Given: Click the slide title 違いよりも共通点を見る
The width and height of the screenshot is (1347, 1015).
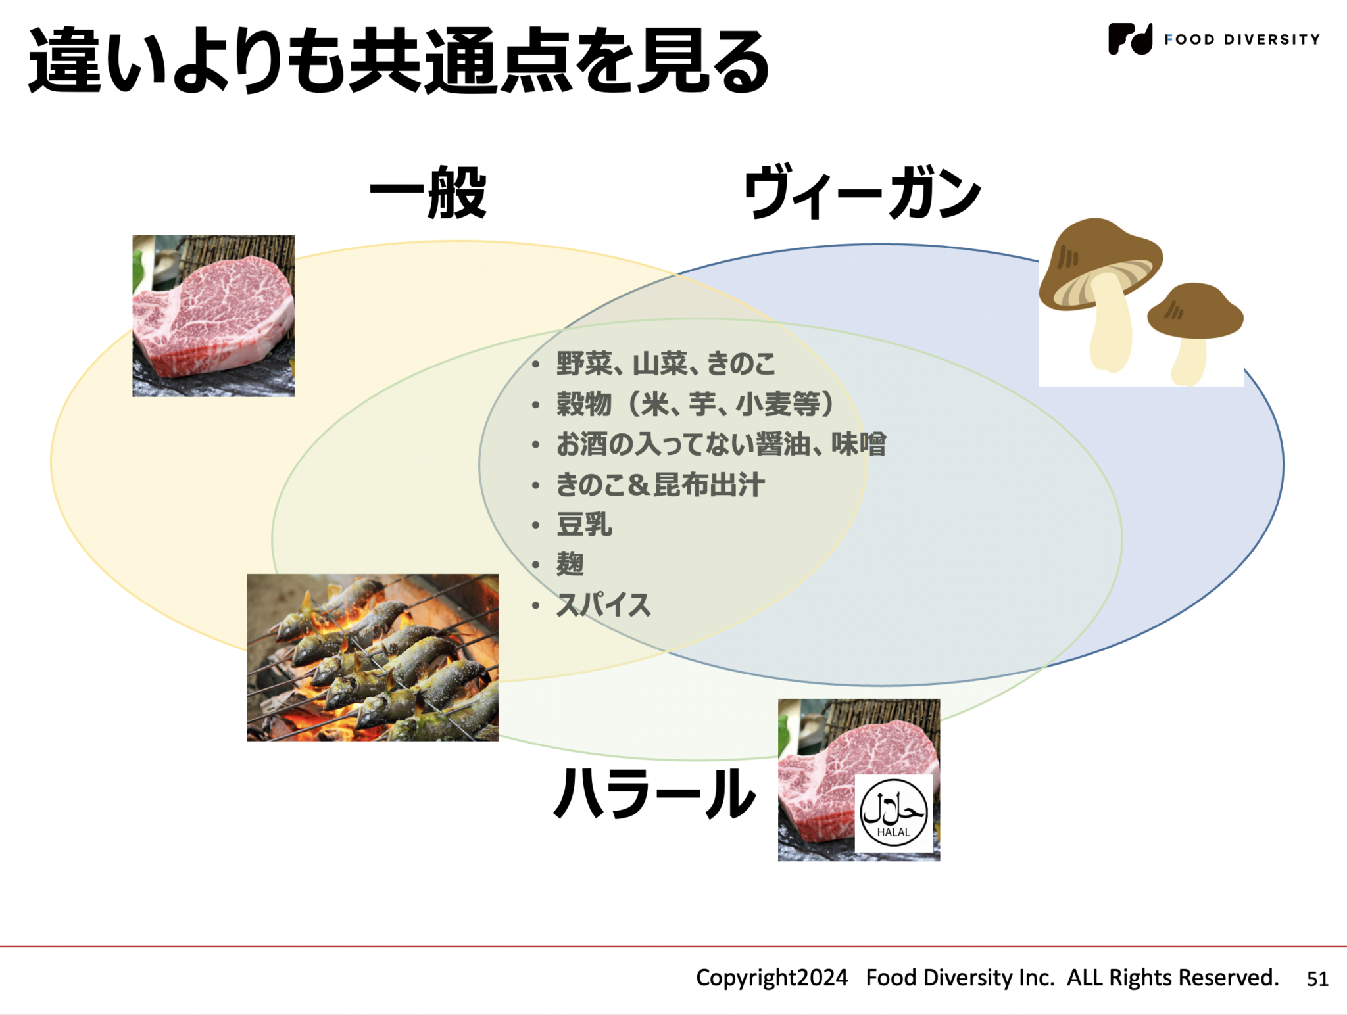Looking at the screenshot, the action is [x=399, y=60].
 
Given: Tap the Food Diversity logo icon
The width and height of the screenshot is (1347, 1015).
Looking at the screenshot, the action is [x=1130, y=39].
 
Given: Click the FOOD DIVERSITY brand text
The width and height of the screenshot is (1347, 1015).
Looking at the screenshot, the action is [x=1242, y=39].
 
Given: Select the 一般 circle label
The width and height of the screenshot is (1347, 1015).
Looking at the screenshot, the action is [x=428, y=192].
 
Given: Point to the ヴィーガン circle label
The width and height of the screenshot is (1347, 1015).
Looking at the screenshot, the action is [x=862, y=192].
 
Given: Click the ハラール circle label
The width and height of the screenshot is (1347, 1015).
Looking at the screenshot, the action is [x=655, y=793].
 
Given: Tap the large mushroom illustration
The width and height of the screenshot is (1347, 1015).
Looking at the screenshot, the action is [x=1100, y=293].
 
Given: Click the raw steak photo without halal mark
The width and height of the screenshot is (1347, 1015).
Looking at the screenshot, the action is [x=213, y=316].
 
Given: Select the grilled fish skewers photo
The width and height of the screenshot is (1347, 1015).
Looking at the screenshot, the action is [x=372, y=657].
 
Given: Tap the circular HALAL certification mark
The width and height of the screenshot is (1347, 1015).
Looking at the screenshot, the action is [x=894, y=813].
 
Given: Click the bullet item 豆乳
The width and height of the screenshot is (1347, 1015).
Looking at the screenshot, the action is [x=584, y=525].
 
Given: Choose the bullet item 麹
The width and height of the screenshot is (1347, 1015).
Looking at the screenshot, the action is [x=570, y=564].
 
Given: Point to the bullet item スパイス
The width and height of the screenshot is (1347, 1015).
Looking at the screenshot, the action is [x=603, y=605].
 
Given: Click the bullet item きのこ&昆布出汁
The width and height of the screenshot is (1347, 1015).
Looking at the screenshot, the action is [x=660, y=484].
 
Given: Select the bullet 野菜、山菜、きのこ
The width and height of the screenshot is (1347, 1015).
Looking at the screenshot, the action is [x=666, y=364].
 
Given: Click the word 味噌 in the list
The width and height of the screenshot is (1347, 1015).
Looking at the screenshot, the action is [x=859, y=444].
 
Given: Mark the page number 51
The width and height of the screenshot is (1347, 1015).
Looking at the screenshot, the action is [x=1317, y=980].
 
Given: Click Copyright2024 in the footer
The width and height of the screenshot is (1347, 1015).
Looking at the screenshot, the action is [x=772, y=978].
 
